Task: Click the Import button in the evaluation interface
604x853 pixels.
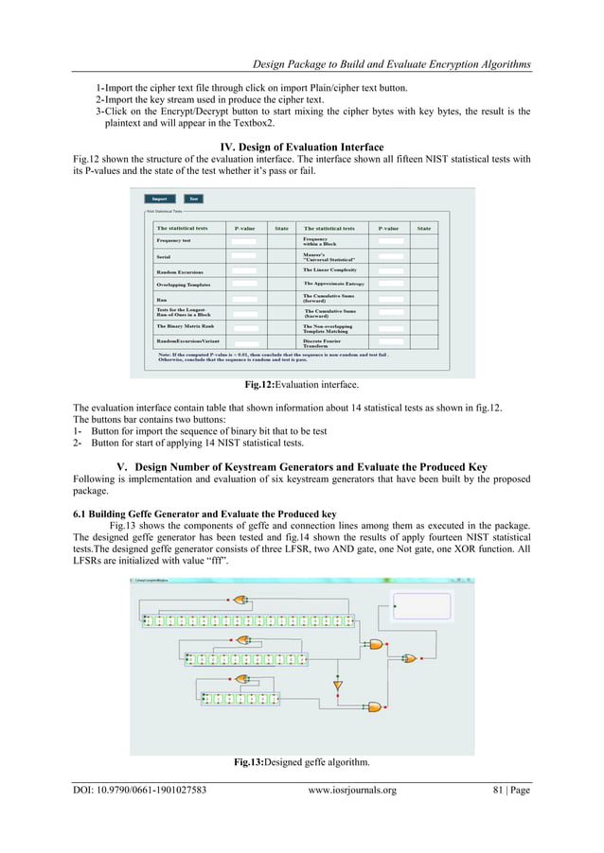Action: click(159, 199)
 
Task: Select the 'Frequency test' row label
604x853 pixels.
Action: click(174, 241)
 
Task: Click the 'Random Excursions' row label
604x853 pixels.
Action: click(180, 272)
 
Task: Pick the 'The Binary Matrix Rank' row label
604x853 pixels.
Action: click(185, 325)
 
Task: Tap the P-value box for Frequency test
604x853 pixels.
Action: click(243, 241)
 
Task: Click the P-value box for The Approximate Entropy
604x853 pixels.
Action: click(391, 284)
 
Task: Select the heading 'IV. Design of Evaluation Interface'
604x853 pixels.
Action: click(301, 147)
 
